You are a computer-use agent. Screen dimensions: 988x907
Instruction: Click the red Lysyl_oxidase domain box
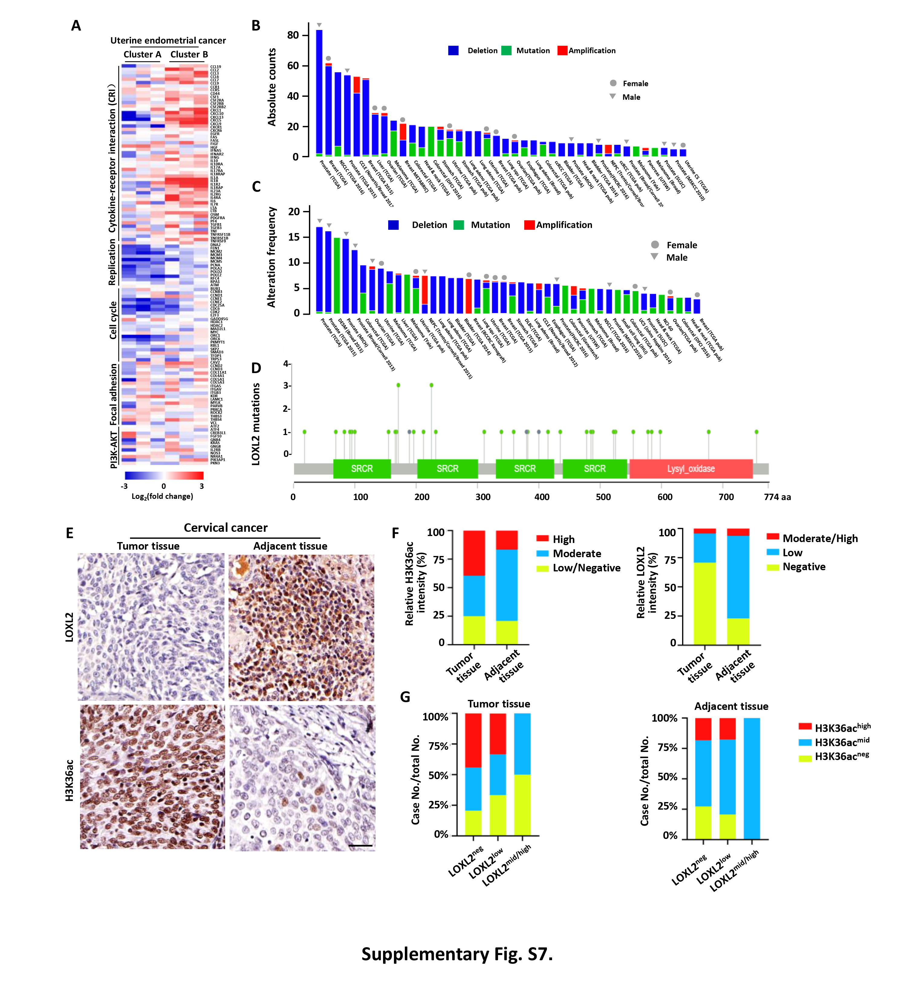pos(691,469)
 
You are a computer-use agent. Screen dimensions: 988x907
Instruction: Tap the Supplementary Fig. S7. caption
pos(457,954)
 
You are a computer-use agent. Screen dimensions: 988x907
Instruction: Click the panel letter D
pos(256,368)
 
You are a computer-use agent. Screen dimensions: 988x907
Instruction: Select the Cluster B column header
pos(189,54)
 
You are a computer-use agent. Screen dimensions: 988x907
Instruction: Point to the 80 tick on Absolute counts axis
pos(293,35)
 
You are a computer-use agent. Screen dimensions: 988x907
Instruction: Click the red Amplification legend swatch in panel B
pos(562,50)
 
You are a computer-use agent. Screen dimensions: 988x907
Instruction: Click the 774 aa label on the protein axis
pos(777,497)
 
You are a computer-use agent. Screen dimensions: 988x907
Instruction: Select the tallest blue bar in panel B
pos(319,93)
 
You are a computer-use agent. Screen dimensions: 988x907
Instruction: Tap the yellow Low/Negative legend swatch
pos(542,568)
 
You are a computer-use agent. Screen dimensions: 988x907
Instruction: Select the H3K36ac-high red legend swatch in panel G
pos(805,726)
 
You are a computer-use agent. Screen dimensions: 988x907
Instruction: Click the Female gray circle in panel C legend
pos(655,244)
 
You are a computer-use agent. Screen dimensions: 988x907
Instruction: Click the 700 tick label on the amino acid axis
pos(726,497)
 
